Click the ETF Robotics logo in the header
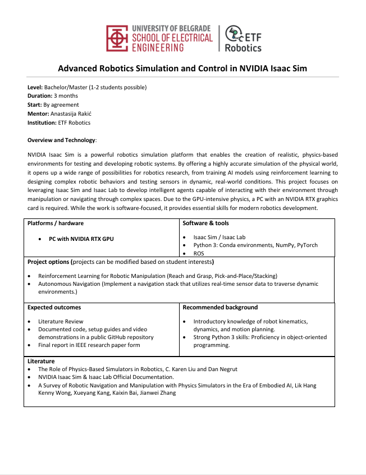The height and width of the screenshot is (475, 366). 243,38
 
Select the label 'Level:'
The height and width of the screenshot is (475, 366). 35,87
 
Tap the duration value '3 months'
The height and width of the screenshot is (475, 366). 66,96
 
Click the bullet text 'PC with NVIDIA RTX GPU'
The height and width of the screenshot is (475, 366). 81,239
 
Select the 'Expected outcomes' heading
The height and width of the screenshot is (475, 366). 54,307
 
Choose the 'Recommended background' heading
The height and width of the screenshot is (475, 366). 220,307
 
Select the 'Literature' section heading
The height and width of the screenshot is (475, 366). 41,361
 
